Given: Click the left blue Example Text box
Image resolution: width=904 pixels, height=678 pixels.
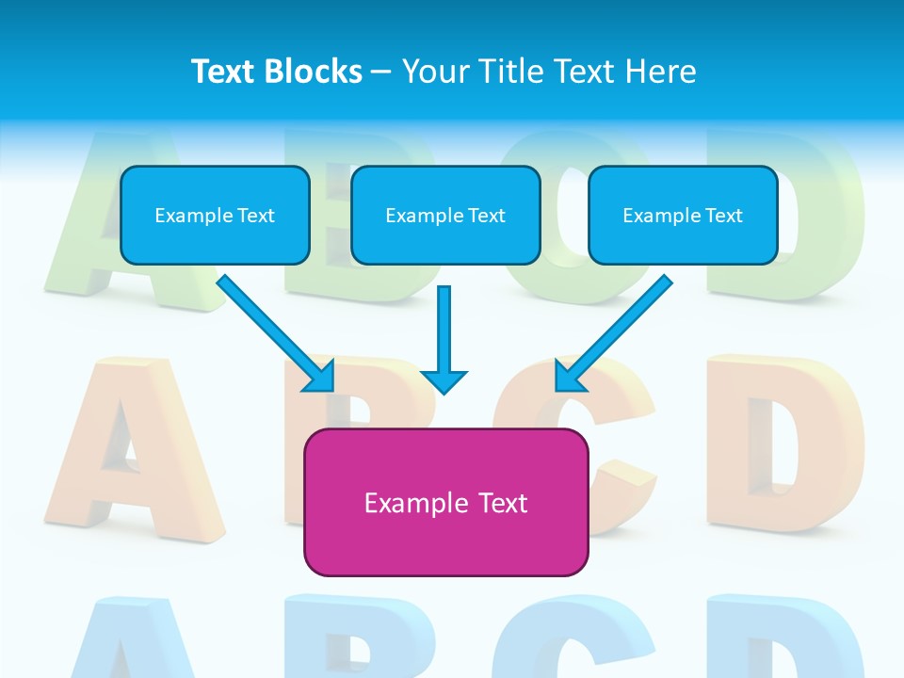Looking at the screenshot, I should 215,216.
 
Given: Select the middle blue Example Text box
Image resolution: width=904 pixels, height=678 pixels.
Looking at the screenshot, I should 445,216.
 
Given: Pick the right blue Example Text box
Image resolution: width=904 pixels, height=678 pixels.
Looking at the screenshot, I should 683,216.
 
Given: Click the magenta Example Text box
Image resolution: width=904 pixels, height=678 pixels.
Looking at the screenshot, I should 445,502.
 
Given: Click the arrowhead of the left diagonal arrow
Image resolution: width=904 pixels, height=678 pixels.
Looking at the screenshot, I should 320,377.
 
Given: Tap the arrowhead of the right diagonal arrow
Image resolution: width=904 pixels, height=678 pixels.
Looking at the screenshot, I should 569,377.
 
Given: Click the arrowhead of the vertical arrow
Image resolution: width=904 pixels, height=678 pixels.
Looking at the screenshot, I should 444,380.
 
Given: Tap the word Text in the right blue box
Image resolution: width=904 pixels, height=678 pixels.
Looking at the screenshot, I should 723,216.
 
